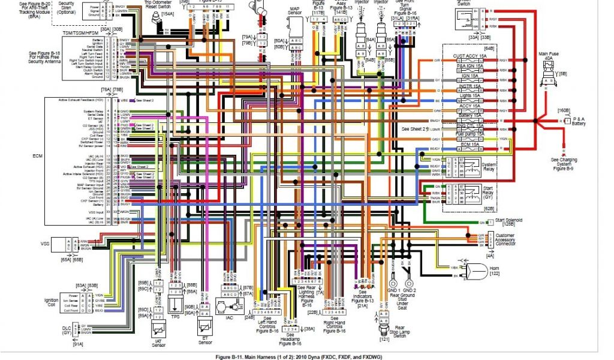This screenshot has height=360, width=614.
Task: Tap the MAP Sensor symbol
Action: pyautogui.click(x=295, y=27)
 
